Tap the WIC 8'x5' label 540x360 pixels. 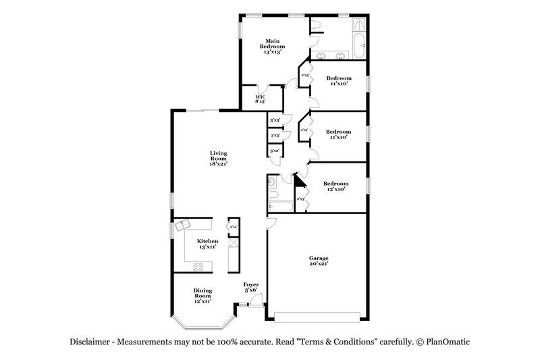click(260, 100)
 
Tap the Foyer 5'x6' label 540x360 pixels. click(251, 287)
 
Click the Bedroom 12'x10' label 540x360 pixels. click(335, 186)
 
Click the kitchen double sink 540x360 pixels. click(184, 226)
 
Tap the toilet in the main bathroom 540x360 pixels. click(317, 26)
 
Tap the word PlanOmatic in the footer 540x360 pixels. click(446, 342)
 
